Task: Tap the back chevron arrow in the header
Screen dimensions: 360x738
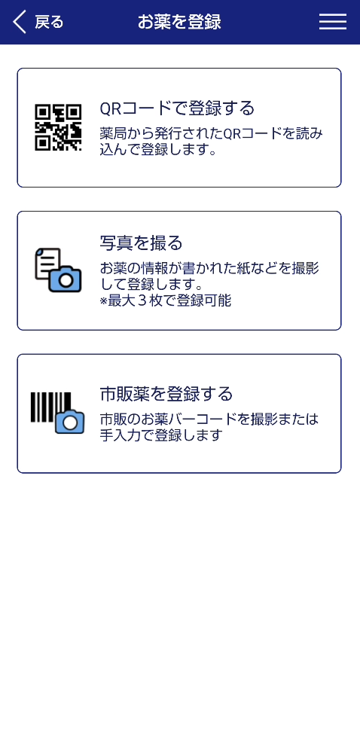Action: tap(19, 22)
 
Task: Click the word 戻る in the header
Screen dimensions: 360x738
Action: tap(49, 22)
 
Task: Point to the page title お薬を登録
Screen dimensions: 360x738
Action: tap(179, 22)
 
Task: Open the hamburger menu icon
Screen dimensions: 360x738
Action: tap(333, 22)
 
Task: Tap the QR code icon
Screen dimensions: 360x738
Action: tap(58, 127)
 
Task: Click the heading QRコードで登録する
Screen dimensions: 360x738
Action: tap(177, 108)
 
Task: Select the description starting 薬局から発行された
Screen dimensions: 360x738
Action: tap(212, 142)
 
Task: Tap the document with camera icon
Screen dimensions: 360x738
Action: tap(58, 270)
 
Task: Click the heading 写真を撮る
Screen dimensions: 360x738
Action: tap(141, 243)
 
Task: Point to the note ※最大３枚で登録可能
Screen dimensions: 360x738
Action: tap(166, 300)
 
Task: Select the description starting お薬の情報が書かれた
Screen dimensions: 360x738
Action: tap(209, 277)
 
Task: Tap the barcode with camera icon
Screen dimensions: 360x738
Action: tap(57, 413)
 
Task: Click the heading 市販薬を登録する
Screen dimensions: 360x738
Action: tap(166, 393)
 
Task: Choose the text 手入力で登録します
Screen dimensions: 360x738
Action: tap(160, 435)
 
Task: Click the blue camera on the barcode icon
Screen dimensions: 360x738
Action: tap(69, 422)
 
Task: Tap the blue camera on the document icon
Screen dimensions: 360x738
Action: tap(66, 279)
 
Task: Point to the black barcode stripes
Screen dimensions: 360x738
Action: tap(50, 407)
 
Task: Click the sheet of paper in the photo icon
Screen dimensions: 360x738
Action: tap(47, 264)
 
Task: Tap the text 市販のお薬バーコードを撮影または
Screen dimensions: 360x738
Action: tap(209, 419)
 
